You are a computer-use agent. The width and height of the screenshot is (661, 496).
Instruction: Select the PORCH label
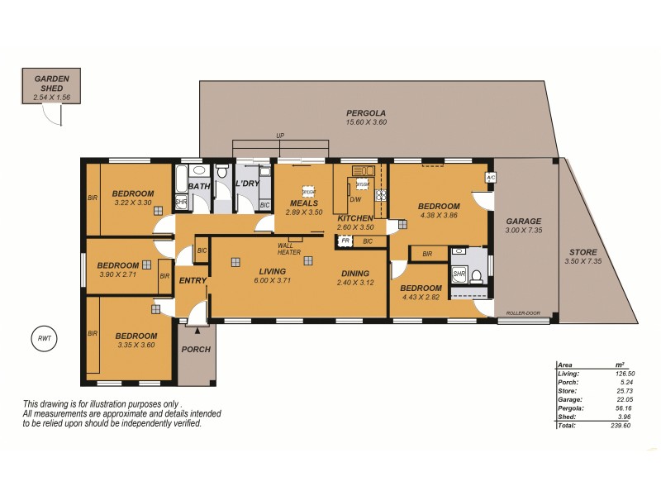click(196, 349)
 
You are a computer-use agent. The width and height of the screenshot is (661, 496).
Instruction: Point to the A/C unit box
click(490, 177)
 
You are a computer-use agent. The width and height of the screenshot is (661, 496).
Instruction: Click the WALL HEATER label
click(289, 248)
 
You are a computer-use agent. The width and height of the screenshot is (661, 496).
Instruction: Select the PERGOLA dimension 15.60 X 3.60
click(366, 122)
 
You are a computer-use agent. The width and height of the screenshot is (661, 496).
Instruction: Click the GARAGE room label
click(523, 222)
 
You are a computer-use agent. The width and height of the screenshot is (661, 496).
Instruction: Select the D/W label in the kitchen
click(354, 199)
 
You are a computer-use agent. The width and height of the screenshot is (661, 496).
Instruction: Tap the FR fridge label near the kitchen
click(345, 241)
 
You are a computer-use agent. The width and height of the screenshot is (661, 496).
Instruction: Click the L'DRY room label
click(248, 184)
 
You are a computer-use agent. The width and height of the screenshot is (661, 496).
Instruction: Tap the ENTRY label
click(193, 281)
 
